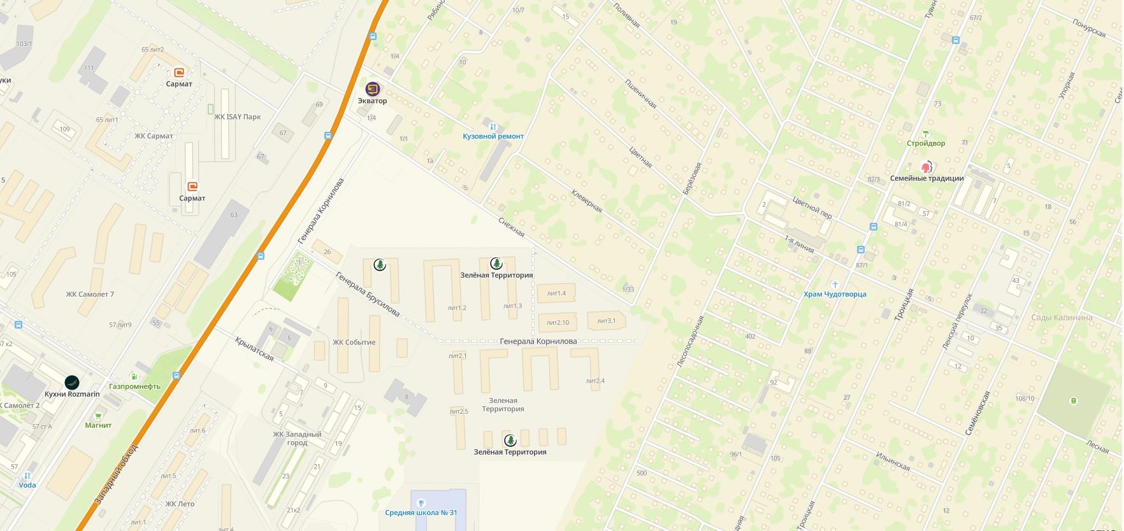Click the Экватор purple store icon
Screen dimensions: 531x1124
pyautogui.click(x=373, y=89)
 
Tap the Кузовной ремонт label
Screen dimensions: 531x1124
pyautogui.click(x=493, y=136)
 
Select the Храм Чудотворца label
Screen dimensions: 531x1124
pyautogui.click(x=835, y=294)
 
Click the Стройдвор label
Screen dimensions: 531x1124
pyautogui.click(x=926, y=143)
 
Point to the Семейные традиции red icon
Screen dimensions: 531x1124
pyautogui.click(x=926, y=167)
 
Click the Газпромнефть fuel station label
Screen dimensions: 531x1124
pyautogui.click(x=134, y=386)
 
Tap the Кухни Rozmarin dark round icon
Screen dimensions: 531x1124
pyautogui.click(x=72, y=382)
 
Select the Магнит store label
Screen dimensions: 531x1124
pyautogui.click(x=98, y=425)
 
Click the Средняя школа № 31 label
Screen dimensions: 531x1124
pyautogui.click(x=421, y=513)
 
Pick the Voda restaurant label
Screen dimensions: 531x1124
pyautogui.click(x=27, y=485)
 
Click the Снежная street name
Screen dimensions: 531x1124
pyautogui.click(x=511, y=224)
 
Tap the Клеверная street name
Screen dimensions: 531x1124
pyautogui.click(x=586, y=200)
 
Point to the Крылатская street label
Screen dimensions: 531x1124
pyautogui.click(x=254, y=349)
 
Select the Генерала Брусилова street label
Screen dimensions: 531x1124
pyautogui.click(x=368, y=295)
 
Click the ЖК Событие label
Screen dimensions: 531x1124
pyautogui.click(x=354, y=343)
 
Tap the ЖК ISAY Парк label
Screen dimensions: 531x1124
pyautogui.click(x=238, y=117)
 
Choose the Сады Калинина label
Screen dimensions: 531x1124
pyautogui.click(x=1062, y=318)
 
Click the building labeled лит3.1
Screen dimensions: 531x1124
pyautogui.click(x=607, y=321)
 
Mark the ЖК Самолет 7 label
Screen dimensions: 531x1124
pyautogui.click(x=90, y=294)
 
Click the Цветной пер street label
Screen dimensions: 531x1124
pyautogui.click(x=812, y=208)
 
